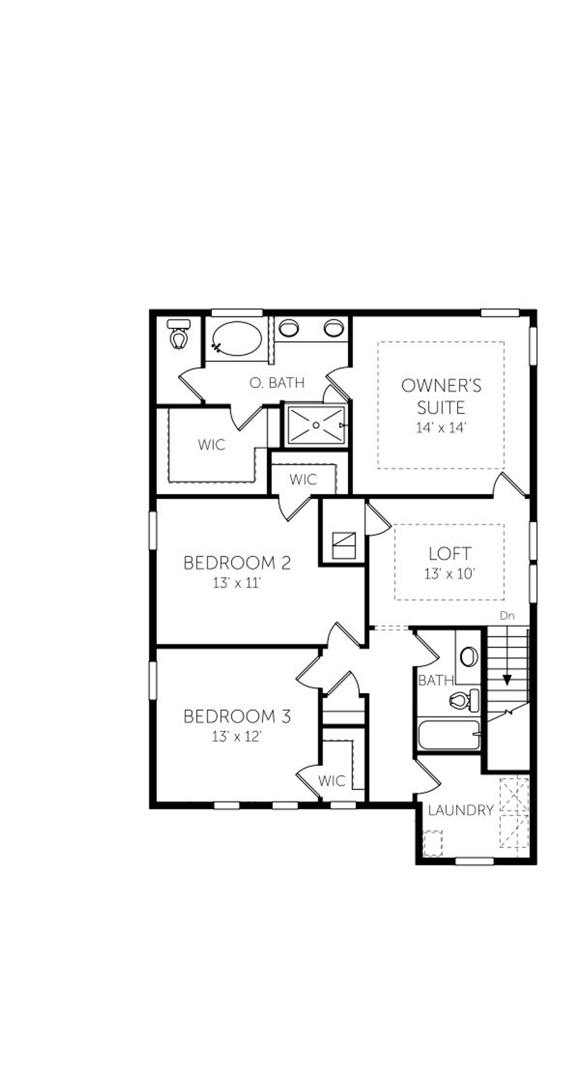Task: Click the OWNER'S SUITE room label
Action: coord(441,396)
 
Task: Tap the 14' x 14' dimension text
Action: coord(441,428)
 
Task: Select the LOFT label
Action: coord(449,554)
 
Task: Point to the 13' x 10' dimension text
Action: coord(449,574)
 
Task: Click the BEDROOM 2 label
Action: coord(237,563)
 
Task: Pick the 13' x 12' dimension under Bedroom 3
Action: coord(236,737)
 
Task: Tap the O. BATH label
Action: coord(277,383)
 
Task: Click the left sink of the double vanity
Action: coord(289,328)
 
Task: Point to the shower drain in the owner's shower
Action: coord(316,425)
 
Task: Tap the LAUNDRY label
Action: coord(461,810)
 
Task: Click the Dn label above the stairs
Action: coord(507,616)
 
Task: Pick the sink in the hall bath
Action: coord(468,657)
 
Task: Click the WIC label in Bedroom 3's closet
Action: coord(332,781)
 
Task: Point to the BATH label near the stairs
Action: coord(436,680)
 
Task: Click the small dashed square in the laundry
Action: coord(432,843)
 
